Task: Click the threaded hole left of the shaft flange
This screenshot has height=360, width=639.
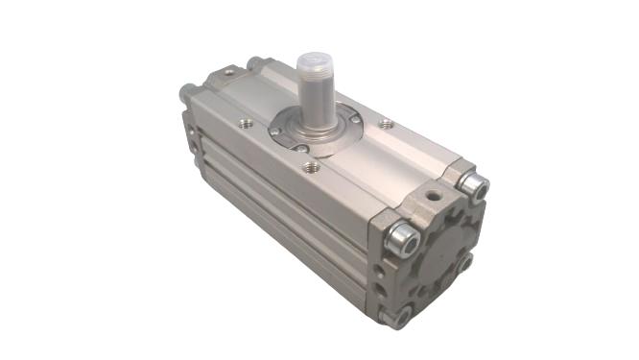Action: point(247,123)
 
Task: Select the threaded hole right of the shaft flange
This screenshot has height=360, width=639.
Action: point(386,124)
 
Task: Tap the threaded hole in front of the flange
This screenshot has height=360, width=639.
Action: point(310,167)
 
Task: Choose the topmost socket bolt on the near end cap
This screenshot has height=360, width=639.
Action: point(472,183)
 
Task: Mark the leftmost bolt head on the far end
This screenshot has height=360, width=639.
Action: point(187,94)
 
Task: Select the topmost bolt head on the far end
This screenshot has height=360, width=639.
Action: point(255,63)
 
